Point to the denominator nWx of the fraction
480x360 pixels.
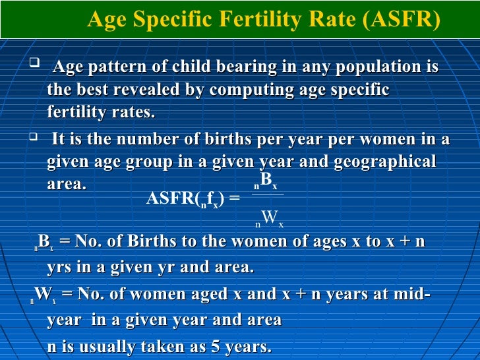point(269,218)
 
